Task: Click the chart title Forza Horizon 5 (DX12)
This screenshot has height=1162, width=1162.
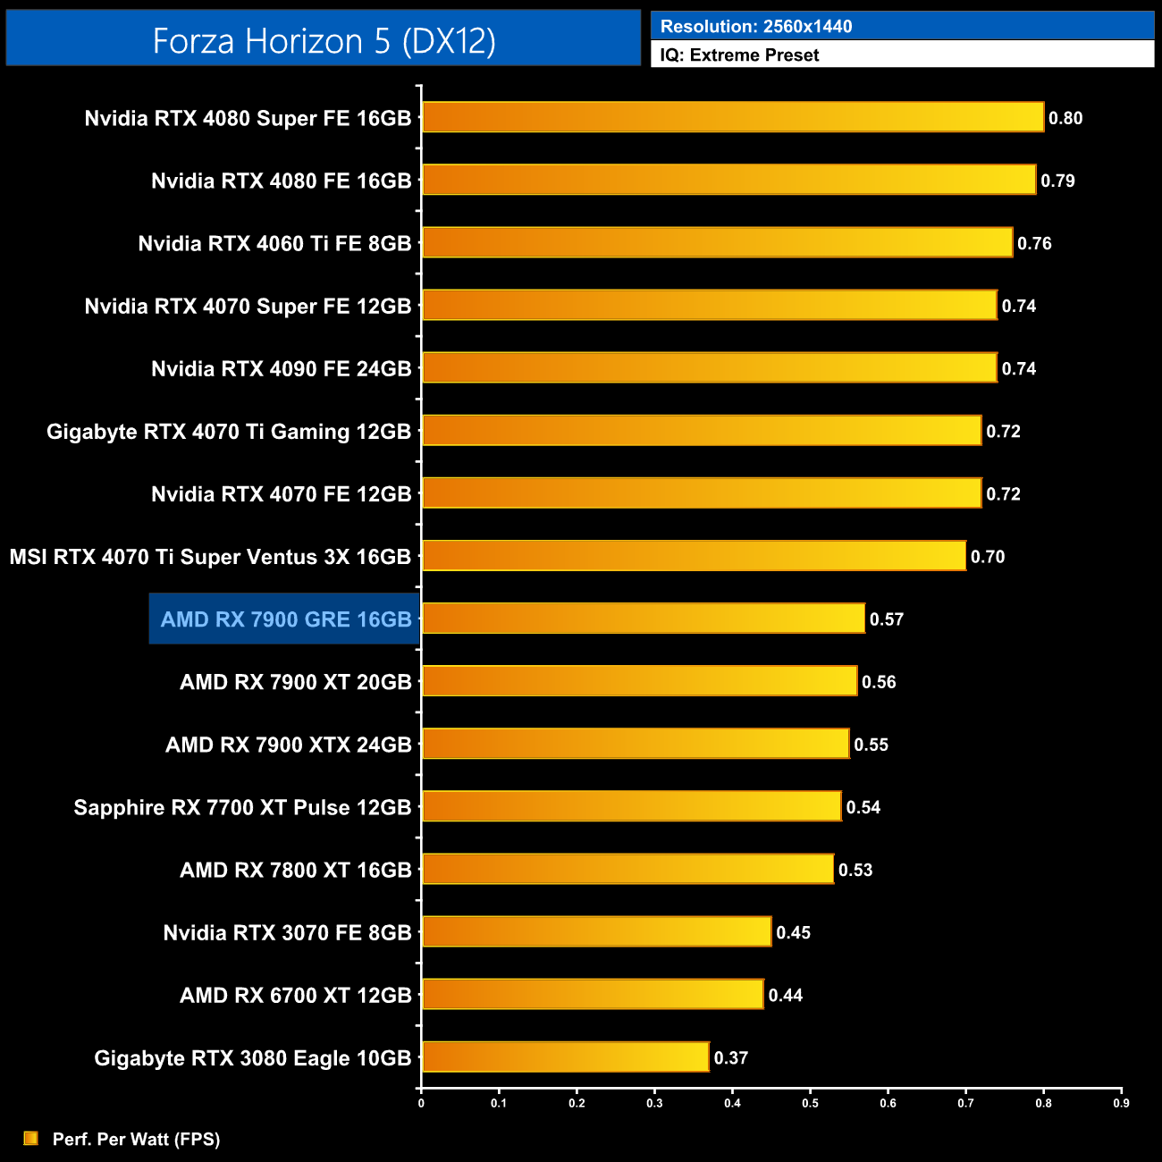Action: [324, 41]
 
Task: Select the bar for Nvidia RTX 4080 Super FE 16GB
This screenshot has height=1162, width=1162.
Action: [733, 117]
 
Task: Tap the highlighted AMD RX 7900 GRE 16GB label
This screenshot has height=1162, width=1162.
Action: [285, 619]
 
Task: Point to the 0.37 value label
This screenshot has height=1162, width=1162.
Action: [730, 1058]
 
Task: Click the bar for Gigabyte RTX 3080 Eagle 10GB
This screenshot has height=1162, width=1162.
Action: [565, 1057]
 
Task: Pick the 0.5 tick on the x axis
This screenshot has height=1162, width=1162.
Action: [810, 1103]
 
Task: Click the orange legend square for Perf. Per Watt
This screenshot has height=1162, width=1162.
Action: [31, 1138]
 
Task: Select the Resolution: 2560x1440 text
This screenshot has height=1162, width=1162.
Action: [756, 26]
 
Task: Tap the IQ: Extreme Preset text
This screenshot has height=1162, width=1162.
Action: [739, 55]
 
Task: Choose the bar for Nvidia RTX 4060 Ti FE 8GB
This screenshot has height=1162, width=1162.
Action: [717, 242]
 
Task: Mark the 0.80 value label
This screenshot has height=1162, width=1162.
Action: [1065, 118]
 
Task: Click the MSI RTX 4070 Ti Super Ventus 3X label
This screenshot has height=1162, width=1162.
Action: [210, 557]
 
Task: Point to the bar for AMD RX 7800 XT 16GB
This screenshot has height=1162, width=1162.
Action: [627, 869]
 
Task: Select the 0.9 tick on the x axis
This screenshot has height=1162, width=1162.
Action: [1121, 1103]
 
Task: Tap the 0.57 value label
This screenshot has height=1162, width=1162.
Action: [887, 619]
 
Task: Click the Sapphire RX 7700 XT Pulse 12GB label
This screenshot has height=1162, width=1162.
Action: [242, 808]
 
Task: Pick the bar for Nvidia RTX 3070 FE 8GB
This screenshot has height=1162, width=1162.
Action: [596, 931]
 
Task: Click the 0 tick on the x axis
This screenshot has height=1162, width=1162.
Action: [421, 1103]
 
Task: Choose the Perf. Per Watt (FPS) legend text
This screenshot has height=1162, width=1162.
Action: [136, 1139]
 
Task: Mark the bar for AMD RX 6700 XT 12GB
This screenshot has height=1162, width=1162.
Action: [593, 994]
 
